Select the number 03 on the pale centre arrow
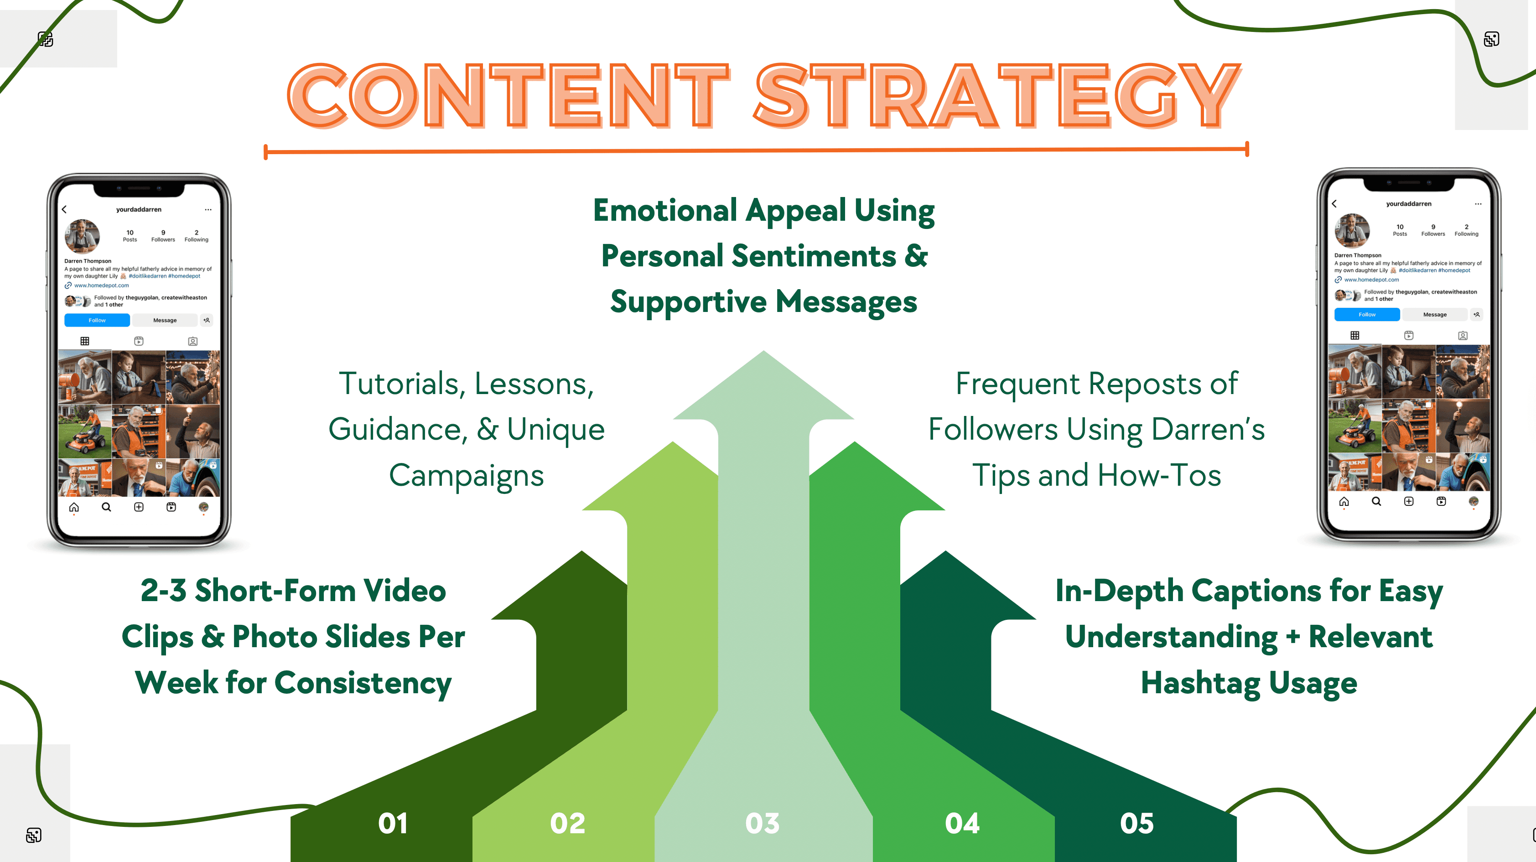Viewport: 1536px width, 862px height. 762,823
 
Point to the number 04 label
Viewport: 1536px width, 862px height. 962,823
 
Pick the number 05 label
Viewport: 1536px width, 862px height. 1136,823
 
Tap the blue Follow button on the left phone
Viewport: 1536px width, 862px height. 97,320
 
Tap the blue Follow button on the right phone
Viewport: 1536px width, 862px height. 1367,314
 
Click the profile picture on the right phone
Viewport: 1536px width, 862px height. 1352,230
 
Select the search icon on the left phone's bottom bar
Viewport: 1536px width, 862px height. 106,507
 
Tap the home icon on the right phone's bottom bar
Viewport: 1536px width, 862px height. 1344,501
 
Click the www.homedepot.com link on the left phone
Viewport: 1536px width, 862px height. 101,286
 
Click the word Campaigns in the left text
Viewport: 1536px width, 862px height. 466,476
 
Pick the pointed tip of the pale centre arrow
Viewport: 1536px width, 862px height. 763,351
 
